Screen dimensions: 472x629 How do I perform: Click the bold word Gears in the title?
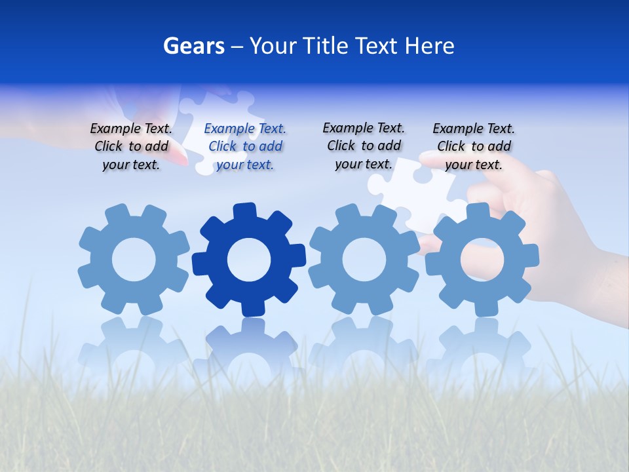pyautogui.click(x=193, y=46)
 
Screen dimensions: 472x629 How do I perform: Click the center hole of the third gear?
pyautogui.click(x=364, y=260)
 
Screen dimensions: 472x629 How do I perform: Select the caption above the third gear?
pyautogui.click(x=364, y=146)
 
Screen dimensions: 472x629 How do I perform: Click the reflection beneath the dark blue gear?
pyautogui.click(x=249, y=344)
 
